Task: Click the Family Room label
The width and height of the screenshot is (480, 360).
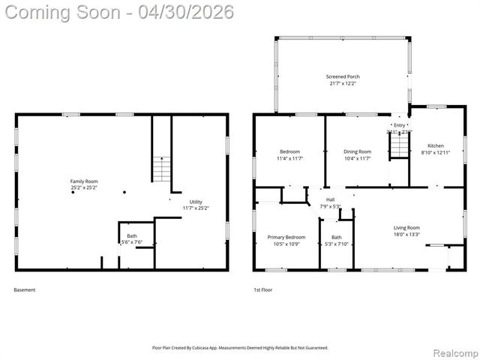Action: [84, 181]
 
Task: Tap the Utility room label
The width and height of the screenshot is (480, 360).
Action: [196, 201]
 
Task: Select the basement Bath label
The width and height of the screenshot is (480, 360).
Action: [131, 236]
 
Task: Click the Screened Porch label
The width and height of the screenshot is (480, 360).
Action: [343, 76]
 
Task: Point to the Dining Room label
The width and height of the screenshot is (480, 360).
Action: [357, 151]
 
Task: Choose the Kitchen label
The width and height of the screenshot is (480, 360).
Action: [436, 145]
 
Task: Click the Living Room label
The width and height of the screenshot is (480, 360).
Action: [406, 227]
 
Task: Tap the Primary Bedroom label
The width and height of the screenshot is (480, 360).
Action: [286, 237]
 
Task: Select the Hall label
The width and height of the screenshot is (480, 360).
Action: [330, 199]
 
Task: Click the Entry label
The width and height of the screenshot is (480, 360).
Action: [399, 125]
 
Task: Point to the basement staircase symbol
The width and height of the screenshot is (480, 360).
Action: [162, 169]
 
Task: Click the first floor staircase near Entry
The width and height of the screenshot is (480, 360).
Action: [399, 147]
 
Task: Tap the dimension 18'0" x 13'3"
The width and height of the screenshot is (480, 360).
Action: [406, 234]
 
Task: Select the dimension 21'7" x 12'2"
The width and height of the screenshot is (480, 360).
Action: [343, 83]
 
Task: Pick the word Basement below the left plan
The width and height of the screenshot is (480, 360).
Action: [25, 290]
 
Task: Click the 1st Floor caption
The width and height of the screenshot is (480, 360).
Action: [263, 290]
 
